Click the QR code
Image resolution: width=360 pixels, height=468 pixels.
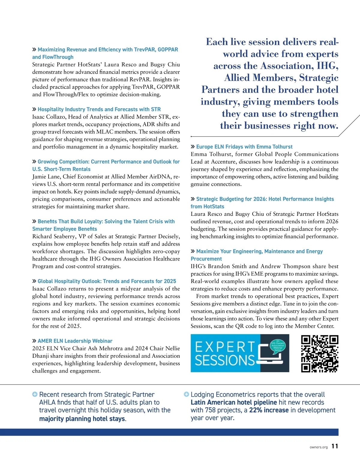(x=320, y=353)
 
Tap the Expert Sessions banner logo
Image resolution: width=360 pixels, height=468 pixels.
(x=240, y=353)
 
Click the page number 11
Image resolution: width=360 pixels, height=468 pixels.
(x=335, y=446)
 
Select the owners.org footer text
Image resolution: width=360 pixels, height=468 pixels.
(x=319, y=447)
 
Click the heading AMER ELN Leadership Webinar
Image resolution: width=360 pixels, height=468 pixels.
(x=75, y=341)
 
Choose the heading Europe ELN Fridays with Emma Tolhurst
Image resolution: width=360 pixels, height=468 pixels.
(x=244, y=147)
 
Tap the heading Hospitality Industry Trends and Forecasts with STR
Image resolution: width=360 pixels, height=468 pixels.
(x=99, y=110)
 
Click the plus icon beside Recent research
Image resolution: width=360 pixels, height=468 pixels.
(x=35, y=394)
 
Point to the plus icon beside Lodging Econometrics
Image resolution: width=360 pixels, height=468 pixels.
(x=186, y=394)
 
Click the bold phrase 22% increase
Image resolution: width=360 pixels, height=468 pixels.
(x=269, y=410)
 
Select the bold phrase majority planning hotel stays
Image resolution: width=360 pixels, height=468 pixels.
(x=82, y=419)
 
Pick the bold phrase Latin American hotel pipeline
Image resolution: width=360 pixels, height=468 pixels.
(x=234, y=402)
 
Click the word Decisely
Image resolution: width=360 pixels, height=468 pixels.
(x=169, y=237)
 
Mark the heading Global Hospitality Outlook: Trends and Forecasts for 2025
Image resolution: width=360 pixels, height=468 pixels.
(x=107, y=281)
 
